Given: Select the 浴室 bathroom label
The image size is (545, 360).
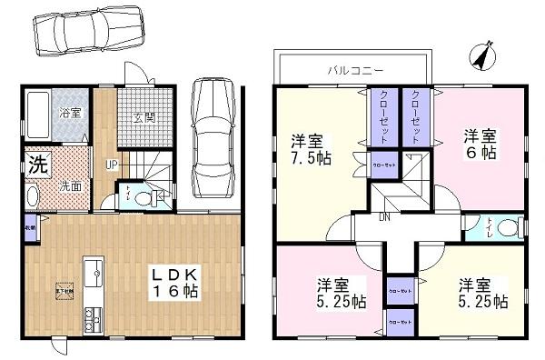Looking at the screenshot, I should (71, 115).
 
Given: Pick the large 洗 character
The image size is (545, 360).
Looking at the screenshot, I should (35, 165).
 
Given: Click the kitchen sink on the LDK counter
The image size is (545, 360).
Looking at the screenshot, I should (93, 270).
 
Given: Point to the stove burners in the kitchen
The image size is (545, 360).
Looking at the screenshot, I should (92, 319).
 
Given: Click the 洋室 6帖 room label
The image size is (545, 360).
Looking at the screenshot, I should (481, 145).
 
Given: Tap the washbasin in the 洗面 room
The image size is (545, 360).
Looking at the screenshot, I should (34, 196).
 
